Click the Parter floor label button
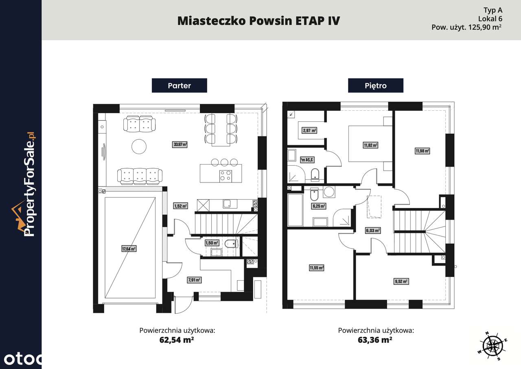tap(179, 86)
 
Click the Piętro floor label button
tap(375, 86)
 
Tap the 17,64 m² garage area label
tap(129, 248)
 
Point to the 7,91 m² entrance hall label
tap(194, 280)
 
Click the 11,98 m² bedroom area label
tap(422, 151)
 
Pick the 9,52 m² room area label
tap(401, 281)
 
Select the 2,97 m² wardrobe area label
tap(309, 131)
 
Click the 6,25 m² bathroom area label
tap(319, 206)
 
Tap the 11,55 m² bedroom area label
tap(316, 268)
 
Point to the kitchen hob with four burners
tap(226, 176)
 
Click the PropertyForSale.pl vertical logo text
tap(29, 185)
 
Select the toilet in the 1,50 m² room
tap(231, 244)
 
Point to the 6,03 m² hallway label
tap(373, 231)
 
